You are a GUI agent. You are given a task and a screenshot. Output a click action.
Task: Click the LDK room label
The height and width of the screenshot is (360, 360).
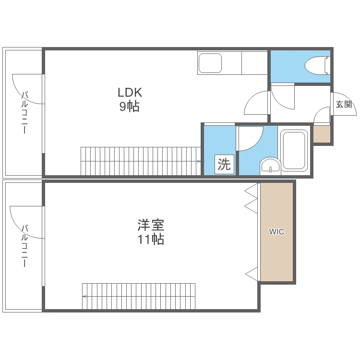[130, 92]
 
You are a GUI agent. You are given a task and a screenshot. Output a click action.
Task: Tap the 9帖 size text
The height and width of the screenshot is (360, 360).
[130, 107]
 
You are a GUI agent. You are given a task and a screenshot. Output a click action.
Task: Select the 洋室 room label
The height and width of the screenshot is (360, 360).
[151, 225]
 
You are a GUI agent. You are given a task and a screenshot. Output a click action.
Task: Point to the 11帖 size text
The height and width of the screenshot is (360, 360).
[151, 240]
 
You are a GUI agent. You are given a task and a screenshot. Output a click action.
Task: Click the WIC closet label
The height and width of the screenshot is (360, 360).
[276, 232]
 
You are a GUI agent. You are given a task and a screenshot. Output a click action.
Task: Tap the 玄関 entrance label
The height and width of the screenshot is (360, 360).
[344, 104]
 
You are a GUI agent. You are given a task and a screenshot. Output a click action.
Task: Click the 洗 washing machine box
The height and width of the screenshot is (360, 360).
[224, 165]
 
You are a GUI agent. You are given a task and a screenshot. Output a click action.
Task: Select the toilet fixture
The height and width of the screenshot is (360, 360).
[317, 65]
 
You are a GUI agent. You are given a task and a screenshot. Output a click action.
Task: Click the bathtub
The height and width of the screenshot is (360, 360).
[293, 150]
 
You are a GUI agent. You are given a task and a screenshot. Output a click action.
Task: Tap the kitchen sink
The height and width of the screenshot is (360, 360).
[210, 63]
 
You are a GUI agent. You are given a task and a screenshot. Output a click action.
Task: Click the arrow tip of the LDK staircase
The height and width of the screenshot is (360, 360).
[199, 161]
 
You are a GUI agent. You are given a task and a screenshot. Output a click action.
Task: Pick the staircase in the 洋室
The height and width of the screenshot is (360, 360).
[139, 296]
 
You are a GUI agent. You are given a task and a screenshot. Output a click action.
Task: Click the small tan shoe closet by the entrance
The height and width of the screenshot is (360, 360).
[321, 134]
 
